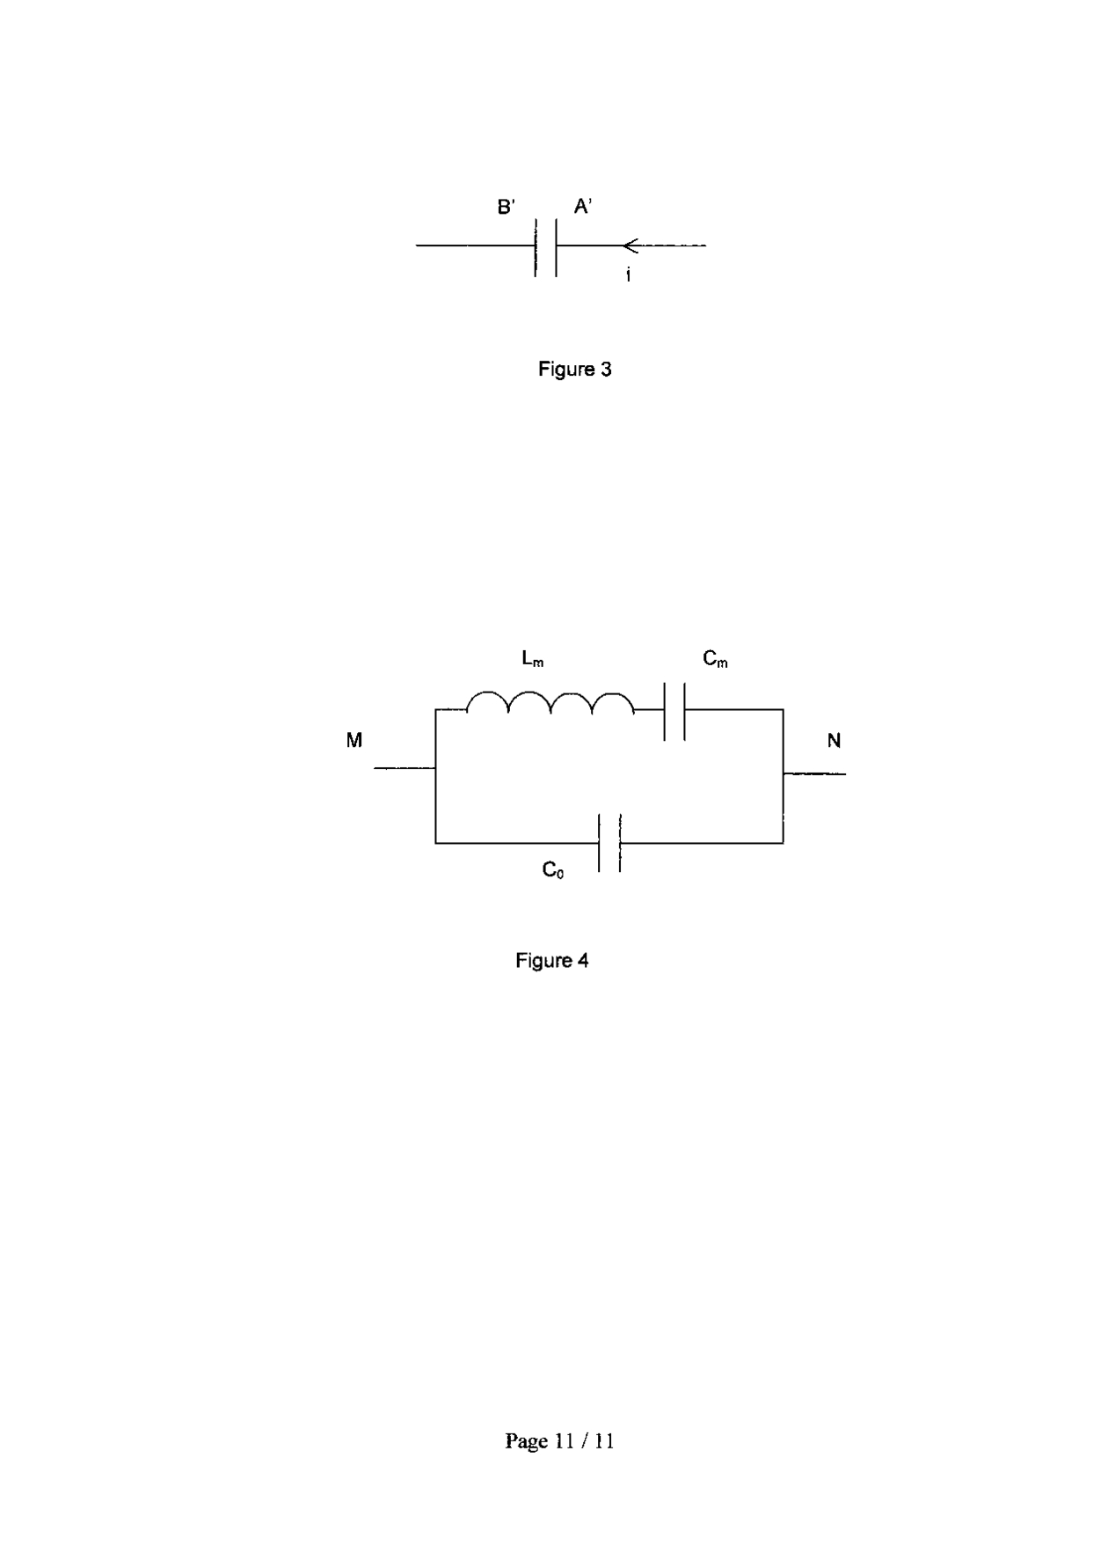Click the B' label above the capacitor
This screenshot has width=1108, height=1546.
[x=507, y=207]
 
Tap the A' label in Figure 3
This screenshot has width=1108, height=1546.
[x=583, y=207]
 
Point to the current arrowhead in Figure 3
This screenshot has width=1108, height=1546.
[x=630, y=245]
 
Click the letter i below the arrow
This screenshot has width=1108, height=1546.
[x=628, y=275]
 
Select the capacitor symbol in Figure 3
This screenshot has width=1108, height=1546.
[x=545, y=246]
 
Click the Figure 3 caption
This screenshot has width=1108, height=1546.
[x=574, y=370]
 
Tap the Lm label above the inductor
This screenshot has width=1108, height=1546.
[x=533, y=658]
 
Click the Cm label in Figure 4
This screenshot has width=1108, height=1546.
[x=715, y=658]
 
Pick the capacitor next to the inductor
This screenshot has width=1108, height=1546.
[x=674, y=710]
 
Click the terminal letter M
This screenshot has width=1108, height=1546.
[x=354, y=741]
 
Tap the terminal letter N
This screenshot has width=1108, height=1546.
[x=834, y=741]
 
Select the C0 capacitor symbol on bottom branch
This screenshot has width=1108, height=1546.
[x=609, y=843]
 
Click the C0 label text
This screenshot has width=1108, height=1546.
[x=553, y=870]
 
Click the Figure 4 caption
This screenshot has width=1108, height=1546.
[x=551, y=960]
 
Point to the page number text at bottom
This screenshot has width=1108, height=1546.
[x=559, y=1440]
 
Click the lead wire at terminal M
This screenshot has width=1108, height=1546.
[x=405, y=768]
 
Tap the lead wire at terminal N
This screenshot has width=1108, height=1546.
[x=814, y=774]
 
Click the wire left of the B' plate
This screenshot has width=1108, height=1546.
[x=475, y=245]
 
